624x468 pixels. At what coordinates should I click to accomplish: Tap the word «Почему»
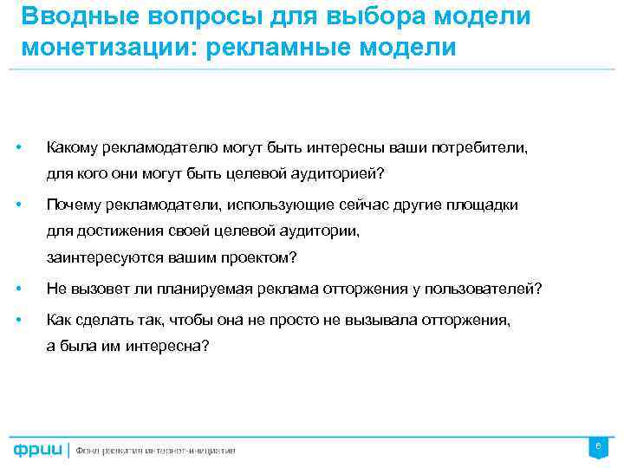point(75,205)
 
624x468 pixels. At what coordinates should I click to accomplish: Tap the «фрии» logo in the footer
point(37,450)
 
